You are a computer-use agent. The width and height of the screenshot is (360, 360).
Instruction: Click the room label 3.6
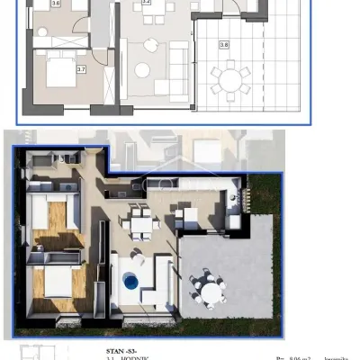click(x=55, y=4)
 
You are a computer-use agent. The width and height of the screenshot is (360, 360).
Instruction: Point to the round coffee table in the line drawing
click(x=142, y=70)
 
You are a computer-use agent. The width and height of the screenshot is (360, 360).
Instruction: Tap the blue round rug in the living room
click(x=132, y=282)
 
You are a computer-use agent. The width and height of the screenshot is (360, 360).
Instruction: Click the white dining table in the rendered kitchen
click(x=139, y=220)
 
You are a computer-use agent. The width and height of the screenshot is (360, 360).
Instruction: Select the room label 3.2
click(x=147, y=4)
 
